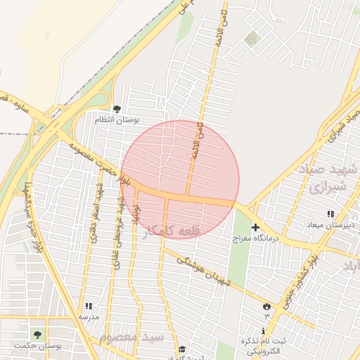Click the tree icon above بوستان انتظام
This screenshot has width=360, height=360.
[117, 109]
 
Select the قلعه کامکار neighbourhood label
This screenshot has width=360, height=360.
[174, 232]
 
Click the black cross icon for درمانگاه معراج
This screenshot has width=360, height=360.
[255, 227]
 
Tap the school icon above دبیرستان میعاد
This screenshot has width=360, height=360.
[329, 214]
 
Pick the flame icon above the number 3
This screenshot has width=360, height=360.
[266, 306]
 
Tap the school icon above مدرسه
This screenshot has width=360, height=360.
[89, 306]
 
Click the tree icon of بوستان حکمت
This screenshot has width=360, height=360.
[37, 335]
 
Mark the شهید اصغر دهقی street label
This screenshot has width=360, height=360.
[93, 211]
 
